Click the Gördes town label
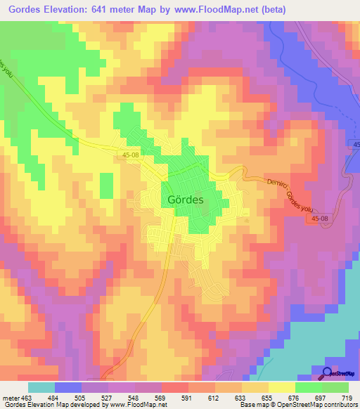[187, 199]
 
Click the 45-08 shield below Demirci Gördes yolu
[320, 219]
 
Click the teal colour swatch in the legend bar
[41, 387]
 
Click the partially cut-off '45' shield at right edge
[354, 143]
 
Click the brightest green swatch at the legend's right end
[335, 387]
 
